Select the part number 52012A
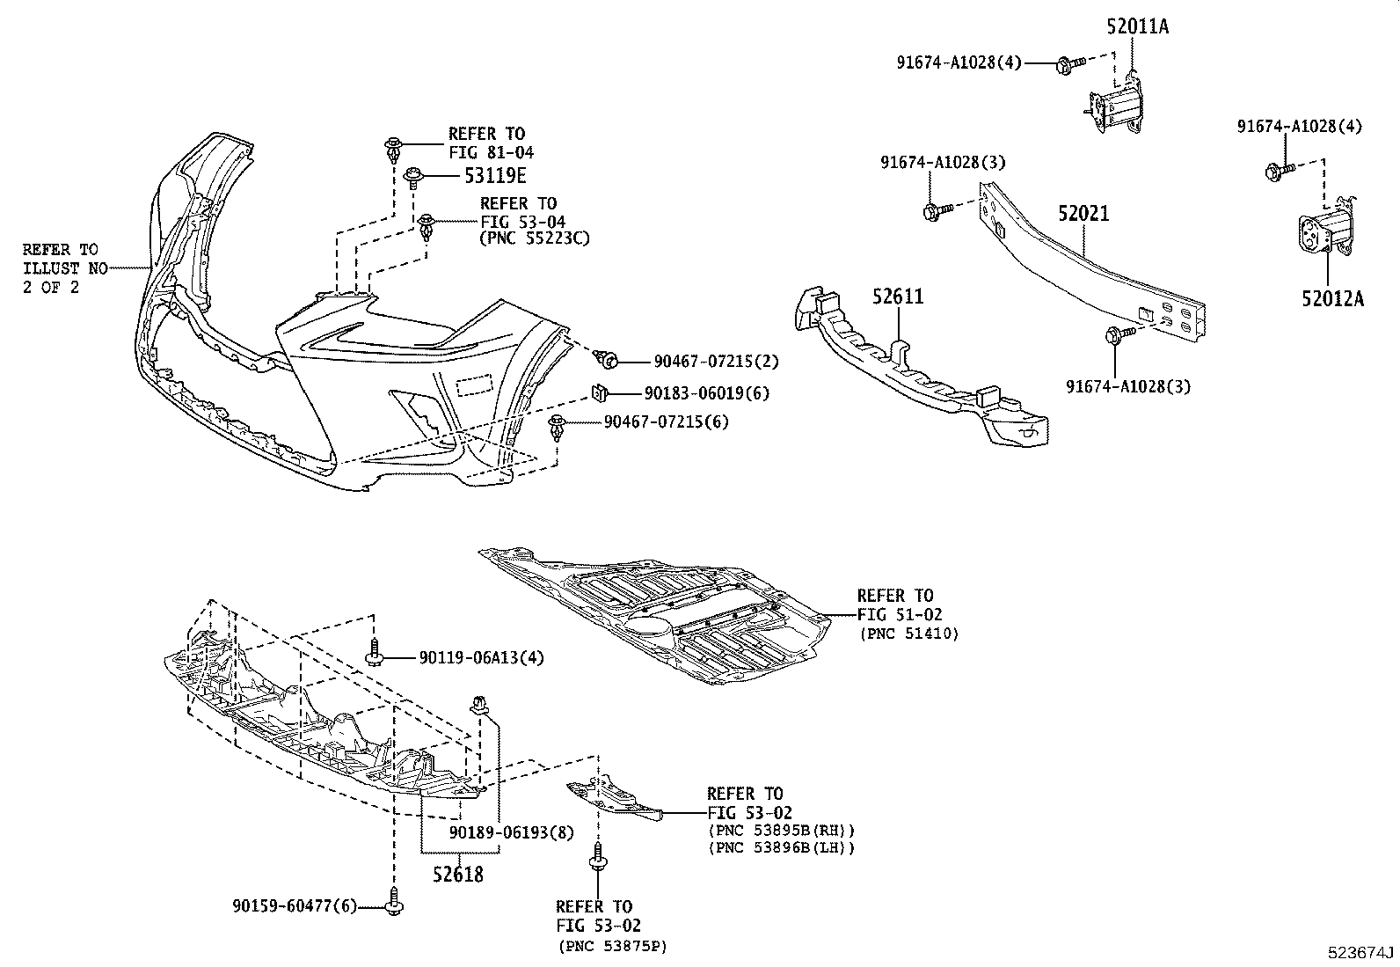coord(1332,298)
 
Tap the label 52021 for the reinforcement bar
coord(1083,214)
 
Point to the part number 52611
coord(898,297)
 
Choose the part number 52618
coord(457,875)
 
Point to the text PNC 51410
coord(908,634)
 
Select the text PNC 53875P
coord(612,947)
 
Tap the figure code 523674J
coord(1361,953)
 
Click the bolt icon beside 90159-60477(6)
coord(393,903)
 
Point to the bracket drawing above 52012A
coord(1325,231)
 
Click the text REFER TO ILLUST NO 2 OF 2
coord(61,268)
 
